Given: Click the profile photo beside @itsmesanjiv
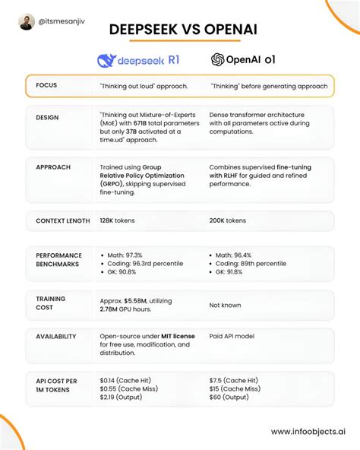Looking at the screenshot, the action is tap(27, 21).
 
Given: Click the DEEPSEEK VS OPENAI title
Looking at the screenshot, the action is tap(180, 30).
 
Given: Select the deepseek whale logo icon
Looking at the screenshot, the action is tap(108, 60).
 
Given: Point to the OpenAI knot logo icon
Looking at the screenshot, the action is tap(218, 59).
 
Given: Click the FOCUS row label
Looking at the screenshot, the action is tap(46, 86).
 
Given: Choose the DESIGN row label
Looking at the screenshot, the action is tap(48, 118).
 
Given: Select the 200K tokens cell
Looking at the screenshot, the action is tap(228, 220).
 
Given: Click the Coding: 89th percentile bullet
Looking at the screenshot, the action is tap(251, 263).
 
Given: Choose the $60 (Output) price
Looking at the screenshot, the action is tap(231, 397).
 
